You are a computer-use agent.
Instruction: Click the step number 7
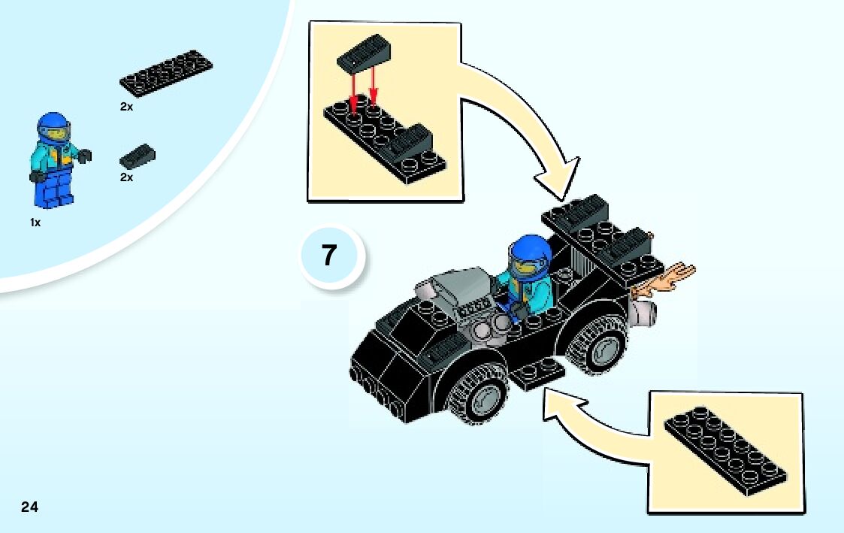click(x=329, y=256)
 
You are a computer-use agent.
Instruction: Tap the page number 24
click(x=29, y=506)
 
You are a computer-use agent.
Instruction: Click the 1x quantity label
click(x=35, y=223)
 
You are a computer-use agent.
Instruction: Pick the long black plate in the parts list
click(x=166, y=74)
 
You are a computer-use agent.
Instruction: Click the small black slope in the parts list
click(x=138, y=156)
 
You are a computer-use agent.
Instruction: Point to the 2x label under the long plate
click(x=126, y=108)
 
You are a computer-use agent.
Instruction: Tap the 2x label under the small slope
click(x=126, y=178)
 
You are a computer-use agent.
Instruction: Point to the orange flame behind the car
click(x=666, y=280)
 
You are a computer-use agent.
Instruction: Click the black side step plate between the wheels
click(x=540, y=372)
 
